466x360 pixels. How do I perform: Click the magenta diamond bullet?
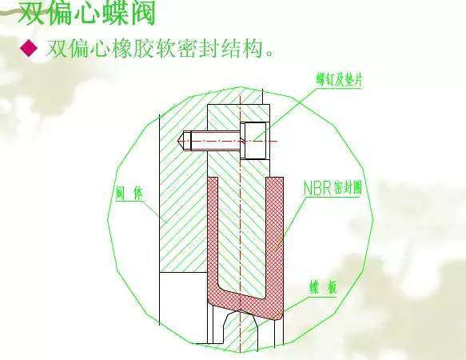click(x=29, y=49)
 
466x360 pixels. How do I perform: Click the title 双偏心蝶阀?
click(x=87, y=13)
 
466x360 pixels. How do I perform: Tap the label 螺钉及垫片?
click(x=340, y=79)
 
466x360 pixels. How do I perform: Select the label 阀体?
click(x=129, y=194)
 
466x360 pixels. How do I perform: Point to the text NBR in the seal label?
click(x=317, y=188)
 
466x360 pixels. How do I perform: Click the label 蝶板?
click(x=324, y=288)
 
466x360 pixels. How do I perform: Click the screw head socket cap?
click(x=254, y=141)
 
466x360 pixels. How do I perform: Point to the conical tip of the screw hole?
click(x=181, y=141)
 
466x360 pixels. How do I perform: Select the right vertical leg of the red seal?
click(x=274, y=238)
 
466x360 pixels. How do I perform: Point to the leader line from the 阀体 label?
click(x=154, y=213)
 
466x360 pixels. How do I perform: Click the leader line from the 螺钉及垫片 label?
click(x=284, y=114)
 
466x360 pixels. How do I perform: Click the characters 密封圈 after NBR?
click(x=347, y=188)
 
